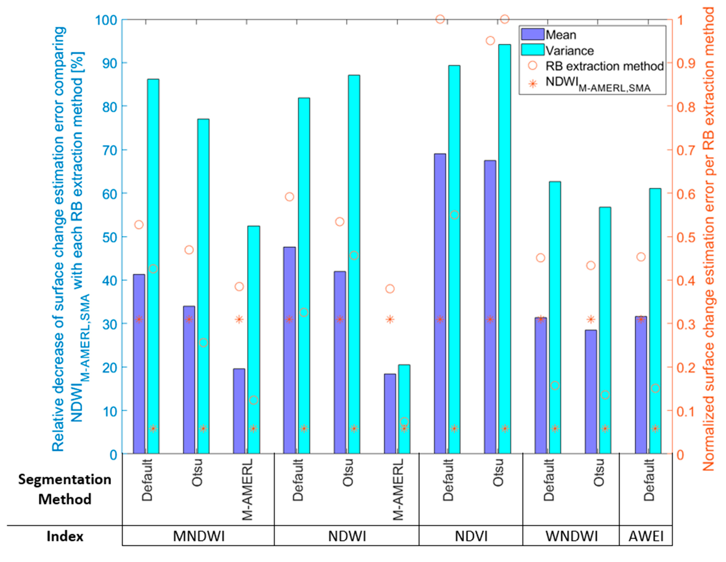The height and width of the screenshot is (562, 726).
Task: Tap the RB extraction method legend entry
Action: [x=604, y=66]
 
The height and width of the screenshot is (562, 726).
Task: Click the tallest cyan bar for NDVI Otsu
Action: [x=504, y=249]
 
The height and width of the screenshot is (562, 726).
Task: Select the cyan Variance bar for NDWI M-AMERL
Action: [x=404, y=409]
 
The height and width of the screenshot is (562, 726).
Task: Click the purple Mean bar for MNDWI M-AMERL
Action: [x=239, y=411]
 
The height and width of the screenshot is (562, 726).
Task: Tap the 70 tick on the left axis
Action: [x=110, y=150]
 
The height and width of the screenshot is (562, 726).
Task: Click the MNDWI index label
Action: [x=199, y=536]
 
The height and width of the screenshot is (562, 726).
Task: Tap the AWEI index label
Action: [x=646, y=536]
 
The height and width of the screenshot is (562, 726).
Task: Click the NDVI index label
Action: [x=471, y=536]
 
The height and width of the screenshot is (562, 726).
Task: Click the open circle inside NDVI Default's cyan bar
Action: [x=454, y=215]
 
